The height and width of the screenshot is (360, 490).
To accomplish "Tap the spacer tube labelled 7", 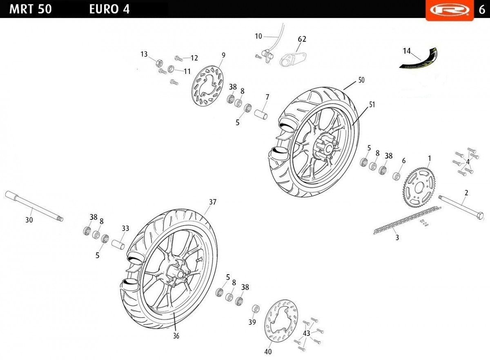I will [261, 112].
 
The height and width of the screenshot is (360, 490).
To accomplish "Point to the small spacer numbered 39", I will [256, 308].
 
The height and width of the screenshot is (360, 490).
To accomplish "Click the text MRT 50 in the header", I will [30, 9].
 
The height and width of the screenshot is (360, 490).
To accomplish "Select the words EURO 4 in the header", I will [109, 9].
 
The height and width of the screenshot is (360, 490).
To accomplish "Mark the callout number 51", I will [372, 105].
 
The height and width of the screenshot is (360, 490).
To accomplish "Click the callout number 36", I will [176, 336].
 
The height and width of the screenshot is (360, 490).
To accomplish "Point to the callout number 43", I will [307, 333].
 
